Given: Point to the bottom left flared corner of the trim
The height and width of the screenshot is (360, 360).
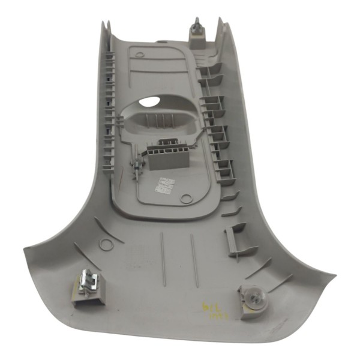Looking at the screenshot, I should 27,250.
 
